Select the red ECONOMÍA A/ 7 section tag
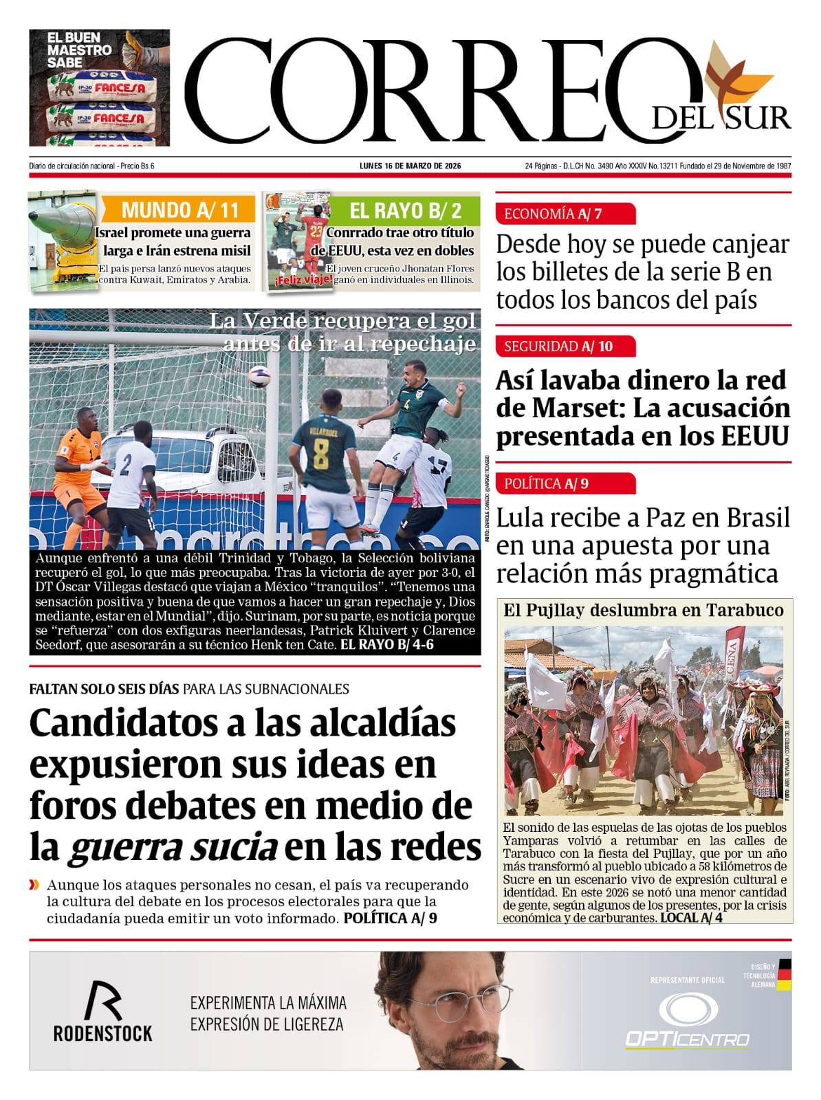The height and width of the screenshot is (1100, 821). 565,214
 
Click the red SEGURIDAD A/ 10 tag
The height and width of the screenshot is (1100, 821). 565,346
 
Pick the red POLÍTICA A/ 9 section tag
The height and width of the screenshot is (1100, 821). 565,483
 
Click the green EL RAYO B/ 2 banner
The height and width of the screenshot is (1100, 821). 405,209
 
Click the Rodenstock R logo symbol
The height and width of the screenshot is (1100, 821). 102,1001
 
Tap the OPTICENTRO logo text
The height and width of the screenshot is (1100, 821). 686,1038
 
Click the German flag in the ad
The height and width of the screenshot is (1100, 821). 784,975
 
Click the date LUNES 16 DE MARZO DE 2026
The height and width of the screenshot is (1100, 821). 410,166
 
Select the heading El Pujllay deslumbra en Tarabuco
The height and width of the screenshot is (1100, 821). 643,610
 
